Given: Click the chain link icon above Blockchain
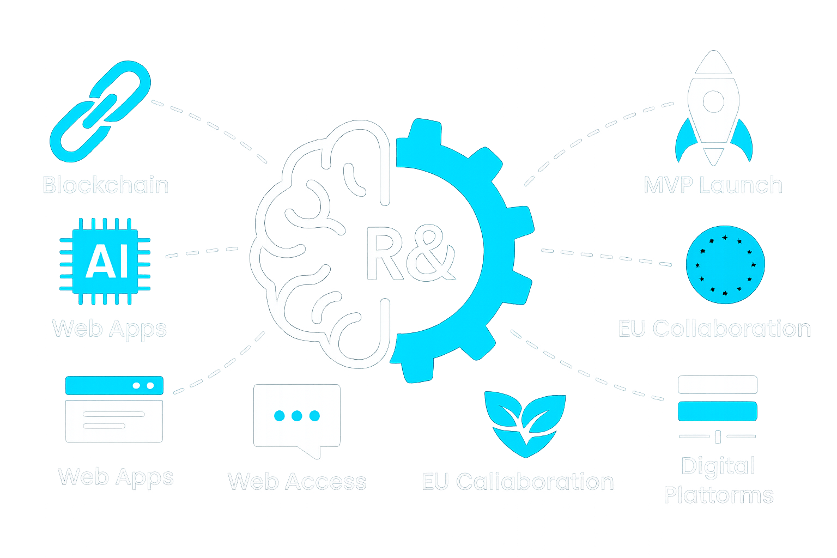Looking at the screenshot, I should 100,112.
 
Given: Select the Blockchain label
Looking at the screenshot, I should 106,185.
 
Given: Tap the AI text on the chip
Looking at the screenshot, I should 107,262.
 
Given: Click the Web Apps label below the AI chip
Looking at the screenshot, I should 109,329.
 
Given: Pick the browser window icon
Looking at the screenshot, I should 114,409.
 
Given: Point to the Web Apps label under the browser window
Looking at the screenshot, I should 116,477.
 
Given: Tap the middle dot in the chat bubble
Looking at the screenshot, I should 297,416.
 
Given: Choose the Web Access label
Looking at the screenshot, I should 297,482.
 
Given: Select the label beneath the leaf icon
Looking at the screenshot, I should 518,482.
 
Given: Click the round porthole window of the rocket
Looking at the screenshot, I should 713,101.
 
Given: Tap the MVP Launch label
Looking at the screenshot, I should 713,185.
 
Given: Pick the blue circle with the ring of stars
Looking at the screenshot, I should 725,264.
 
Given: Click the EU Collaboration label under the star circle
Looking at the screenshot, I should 714,329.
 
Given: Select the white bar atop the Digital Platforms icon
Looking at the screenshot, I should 718,384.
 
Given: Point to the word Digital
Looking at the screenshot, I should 718,466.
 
